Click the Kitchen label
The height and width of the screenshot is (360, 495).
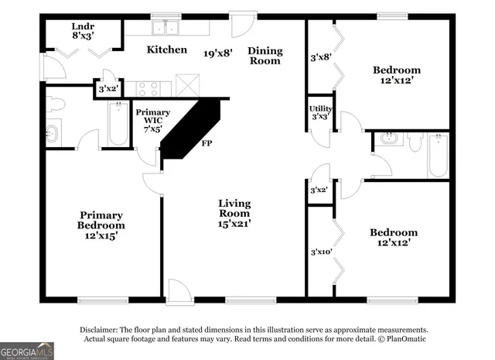tap(167, 50)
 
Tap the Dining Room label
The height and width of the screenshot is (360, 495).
tap(265, 56)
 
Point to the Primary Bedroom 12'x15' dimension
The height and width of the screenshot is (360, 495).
tap(101, 235)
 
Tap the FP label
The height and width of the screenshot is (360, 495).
tap(207, 144)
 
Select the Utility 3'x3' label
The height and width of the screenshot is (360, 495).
tap(321, 112)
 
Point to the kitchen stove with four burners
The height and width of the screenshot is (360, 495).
tap(148, 89)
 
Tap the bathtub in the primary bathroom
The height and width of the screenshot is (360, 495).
tap(118, 125)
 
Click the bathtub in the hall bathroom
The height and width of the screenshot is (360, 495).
tap(438, 156)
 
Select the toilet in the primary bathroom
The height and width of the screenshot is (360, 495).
tap(56, 105)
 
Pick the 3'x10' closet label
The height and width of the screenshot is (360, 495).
tap(321, 252)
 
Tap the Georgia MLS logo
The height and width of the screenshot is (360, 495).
tap(27, 351)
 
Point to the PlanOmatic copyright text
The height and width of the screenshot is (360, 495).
tap(401, 339)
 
